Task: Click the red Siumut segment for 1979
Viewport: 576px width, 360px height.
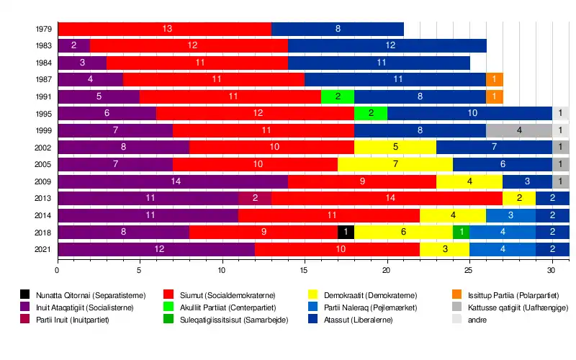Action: point(164,29)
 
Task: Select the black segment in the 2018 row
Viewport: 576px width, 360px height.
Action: point(346,232)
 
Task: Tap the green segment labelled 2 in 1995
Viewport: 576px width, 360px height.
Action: point(371,113)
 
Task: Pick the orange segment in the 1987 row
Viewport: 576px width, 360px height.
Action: point(495,79)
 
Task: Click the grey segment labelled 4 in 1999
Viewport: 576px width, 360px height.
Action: point(519,130)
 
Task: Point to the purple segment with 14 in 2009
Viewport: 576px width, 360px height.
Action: point(173,181)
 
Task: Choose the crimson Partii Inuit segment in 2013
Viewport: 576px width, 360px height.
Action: point(255,198)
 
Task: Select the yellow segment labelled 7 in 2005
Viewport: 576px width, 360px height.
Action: point(395,164)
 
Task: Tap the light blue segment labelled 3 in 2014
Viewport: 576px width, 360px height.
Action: point(510,215)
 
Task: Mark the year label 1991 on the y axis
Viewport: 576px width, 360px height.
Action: point(42,96)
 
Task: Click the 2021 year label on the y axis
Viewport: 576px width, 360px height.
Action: point(42,249)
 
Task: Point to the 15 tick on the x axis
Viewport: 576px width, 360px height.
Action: point(305,271)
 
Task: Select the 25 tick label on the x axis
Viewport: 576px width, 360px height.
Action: point(469,271)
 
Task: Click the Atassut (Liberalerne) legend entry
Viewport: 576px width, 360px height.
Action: point(356,319)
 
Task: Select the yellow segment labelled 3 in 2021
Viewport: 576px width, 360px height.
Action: point(445,249)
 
